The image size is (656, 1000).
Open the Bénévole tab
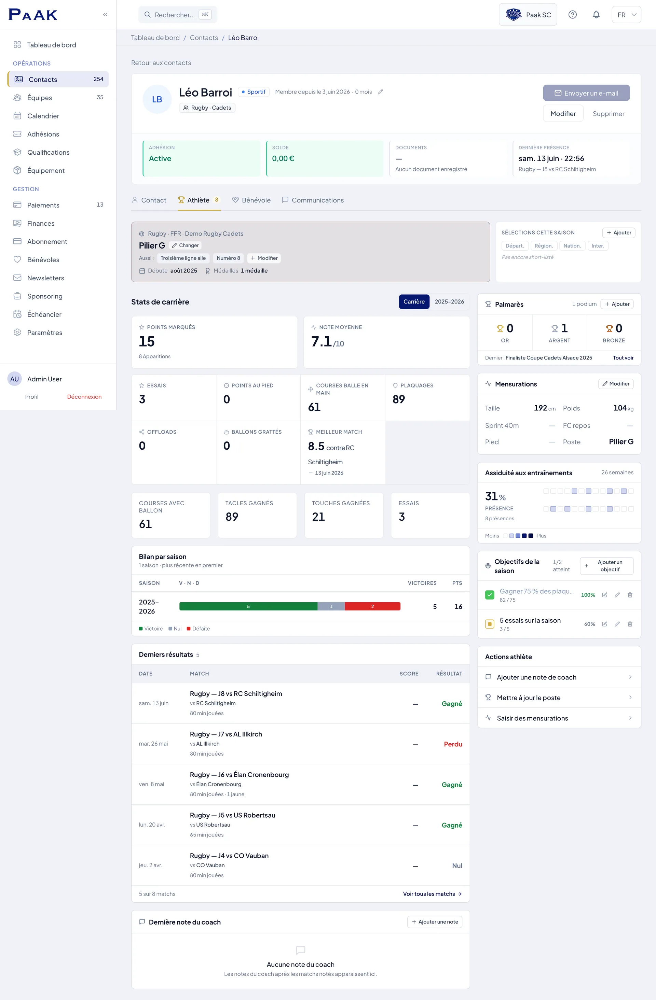point(251,200)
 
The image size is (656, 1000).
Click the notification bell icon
point(596,15)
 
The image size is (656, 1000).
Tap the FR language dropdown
point(626,15)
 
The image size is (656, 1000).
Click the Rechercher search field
point(177,15)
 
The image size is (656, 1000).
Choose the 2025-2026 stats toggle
point(449,302)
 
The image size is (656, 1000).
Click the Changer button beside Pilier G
point(185,245)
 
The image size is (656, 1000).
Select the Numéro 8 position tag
point(228,258)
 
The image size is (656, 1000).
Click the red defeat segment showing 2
point(372,606)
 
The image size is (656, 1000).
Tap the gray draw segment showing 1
point(331,606)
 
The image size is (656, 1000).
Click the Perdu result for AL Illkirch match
point(453,744)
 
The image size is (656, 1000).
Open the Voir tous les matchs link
point(432,894)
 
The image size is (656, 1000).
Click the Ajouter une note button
point(435,922)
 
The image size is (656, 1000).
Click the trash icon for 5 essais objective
point(630,624)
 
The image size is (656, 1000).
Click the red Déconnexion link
point(84,397)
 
